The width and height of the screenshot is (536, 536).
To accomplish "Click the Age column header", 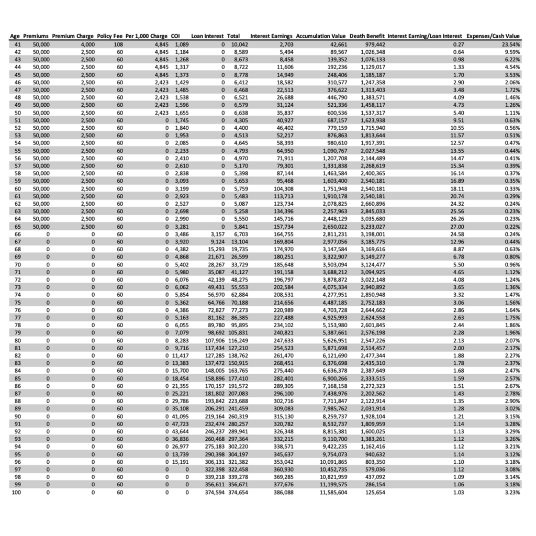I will point(15,36).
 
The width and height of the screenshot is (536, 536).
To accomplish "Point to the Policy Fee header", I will point(109,36).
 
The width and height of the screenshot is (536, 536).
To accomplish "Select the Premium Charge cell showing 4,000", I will point(87,44).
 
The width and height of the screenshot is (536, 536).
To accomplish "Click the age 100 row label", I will point(16,493).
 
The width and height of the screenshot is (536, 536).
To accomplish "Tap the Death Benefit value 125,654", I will point(374,493).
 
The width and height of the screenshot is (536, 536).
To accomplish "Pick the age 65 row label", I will point(17,227).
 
